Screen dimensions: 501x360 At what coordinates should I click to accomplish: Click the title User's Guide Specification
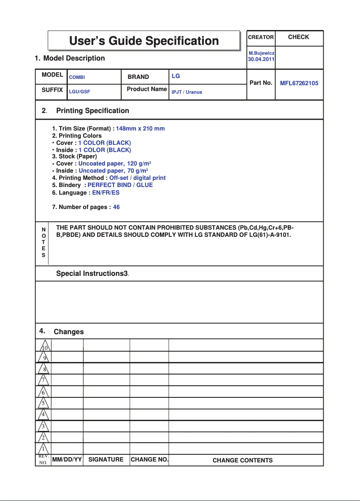point(144,41)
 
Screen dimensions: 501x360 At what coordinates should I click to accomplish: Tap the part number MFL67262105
point(299,83)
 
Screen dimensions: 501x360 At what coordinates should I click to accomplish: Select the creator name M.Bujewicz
point(261,53)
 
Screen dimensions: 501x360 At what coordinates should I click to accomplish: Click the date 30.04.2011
point(261,59)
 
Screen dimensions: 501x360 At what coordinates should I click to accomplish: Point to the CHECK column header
point(299,37)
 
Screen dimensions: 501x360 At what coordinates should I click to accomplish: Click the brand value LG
point(176,76)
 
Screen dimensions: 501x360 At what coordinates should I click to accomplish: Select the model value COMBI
point(77,78)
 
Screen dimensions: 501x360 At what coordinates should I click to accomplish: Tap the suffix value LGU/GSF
point(79,91)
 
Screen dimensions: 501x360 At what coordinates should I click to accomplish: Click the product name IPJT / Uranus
point(187,92)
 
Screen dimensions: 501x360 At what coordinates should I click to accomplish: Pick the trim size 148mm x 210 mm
point(140,129)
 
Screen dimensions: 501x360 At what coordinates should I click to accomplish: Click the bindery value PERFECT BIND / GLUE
point(120,185)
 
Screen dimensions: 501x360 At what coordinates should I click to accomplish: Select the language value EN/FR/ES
point(105,192)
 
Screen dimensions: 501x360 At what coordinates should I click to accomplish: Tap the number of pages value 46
point(116,207)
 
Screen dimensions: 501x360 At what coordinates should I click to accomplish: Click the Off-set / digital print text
point(137,178)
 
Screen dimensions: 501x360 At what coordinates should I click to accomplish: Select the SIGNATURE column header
point(105,460)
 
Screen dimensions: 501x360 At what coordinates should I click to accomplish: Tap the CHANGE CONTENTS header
point(242,460)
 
